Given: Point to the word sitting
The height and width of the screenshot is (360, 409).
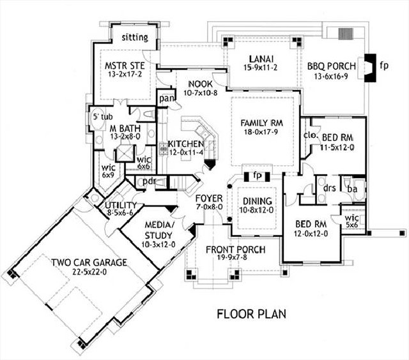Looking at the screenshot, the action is coord(135,38).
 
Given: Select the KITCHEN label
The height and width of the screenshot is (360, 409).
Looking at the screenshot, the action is coord(186,144).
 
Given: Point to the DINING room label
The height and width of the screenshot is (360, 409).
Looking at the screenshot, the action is coord(255,200).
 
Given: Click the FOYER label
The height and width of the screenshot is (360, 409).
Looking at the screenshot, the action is coord(208,198).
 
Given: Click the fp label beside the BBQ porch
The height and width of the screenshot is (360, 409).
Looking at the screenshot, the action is coord(383,65).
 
